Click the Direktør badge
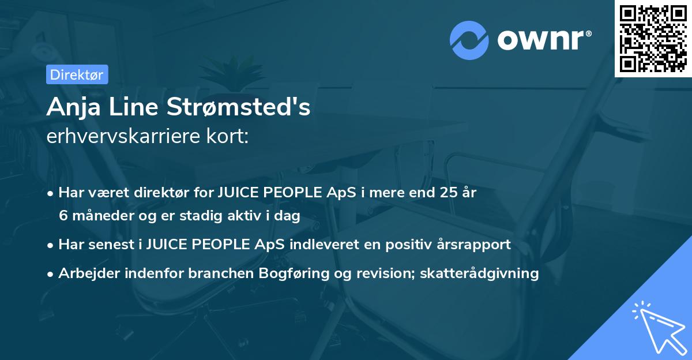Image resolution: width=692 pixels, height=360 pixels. [76, 74]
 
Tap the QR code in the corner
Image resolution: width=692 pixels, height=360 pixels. [653, 38]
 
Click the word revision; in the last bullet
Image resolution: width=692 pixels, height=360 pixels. [394, 273]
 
